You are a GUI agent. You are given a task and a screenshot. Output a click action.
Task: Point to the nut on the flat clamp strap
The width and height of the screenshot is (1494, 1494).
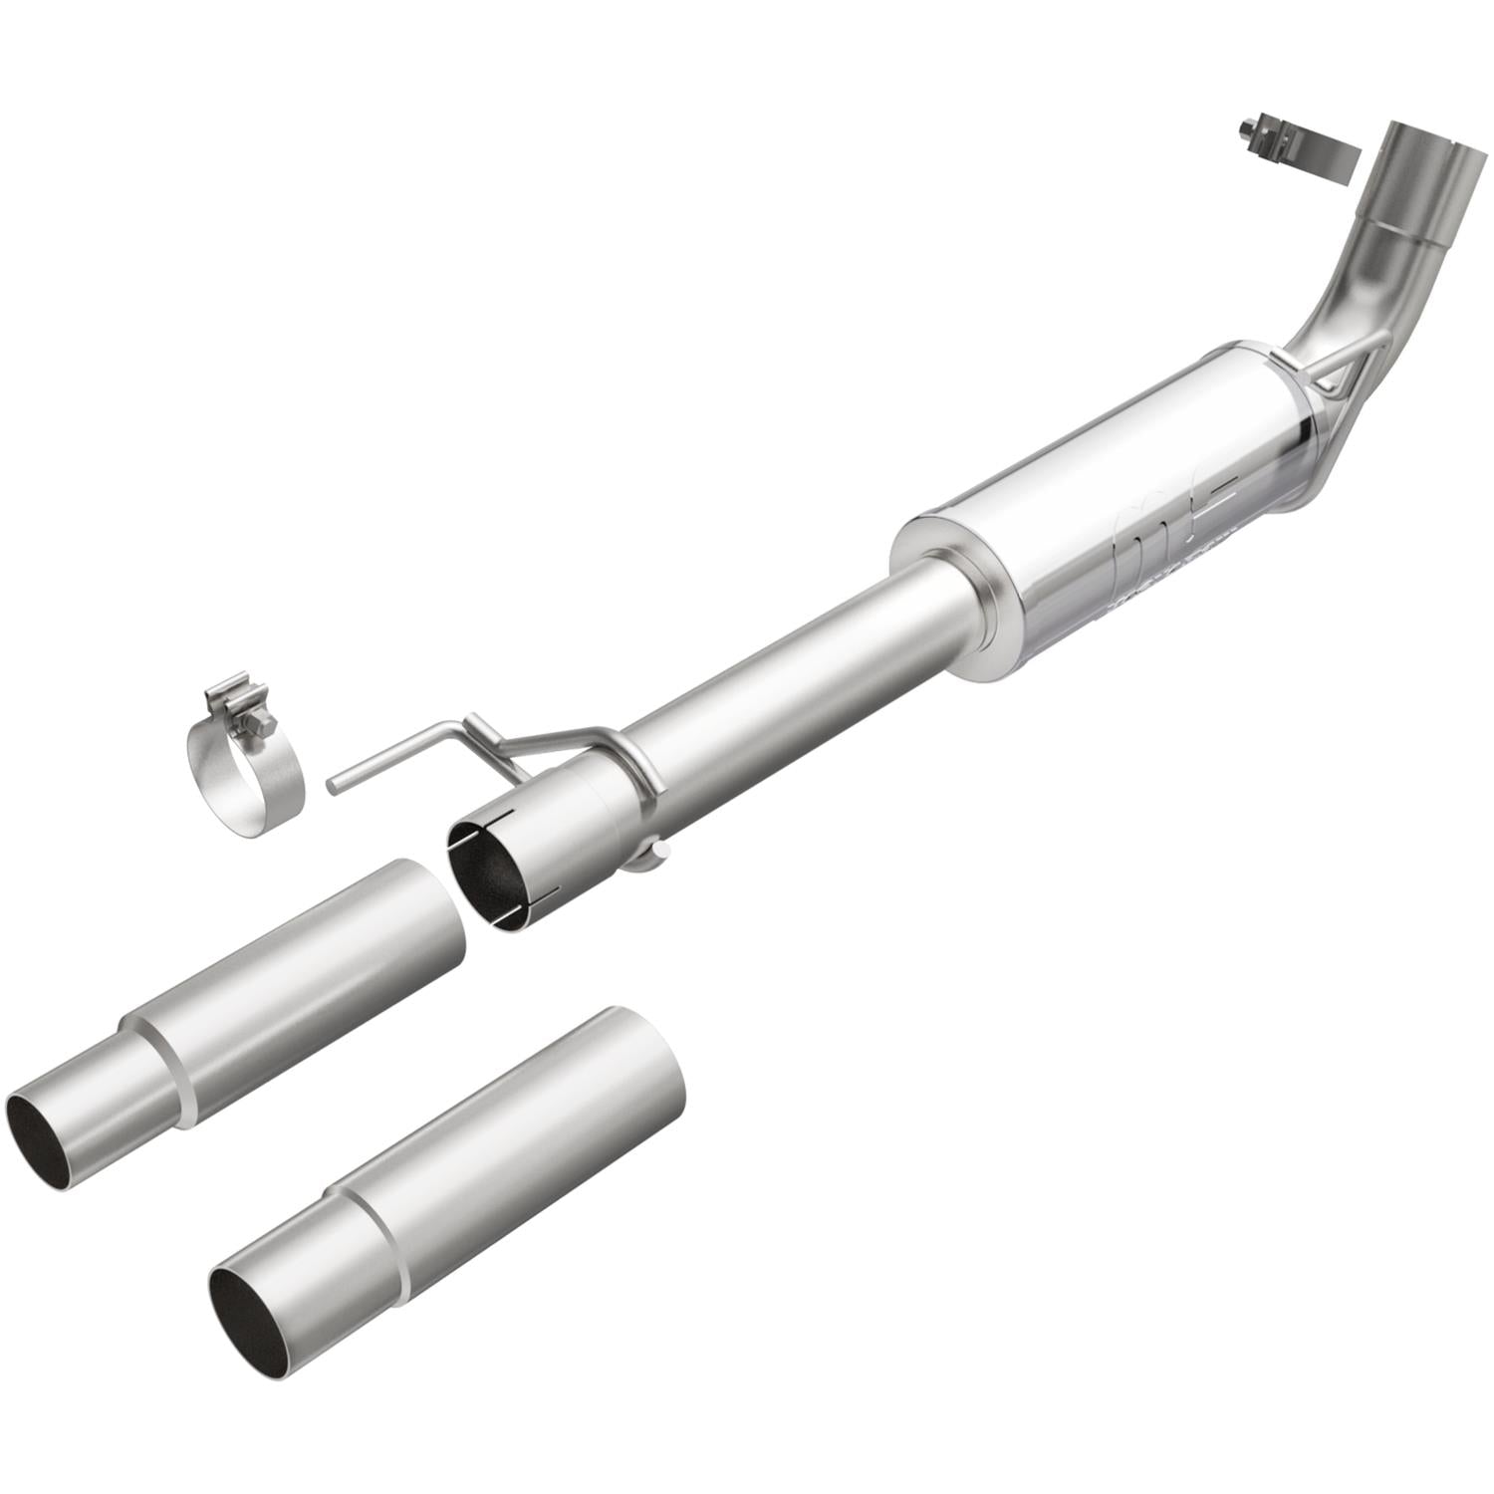coord(1248,130)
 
